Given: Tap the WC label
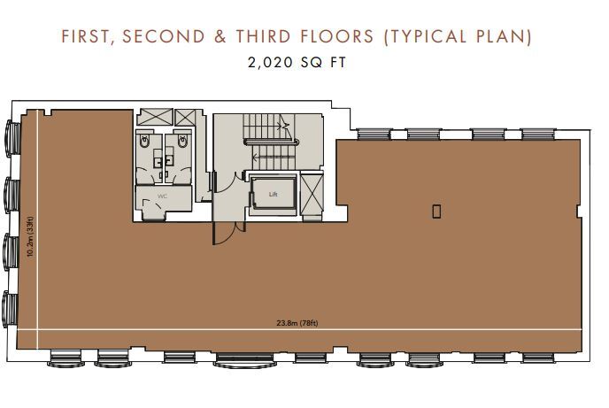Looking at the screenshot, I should [x=162, y=196].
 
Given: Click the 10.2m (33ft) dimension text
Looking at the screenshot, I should [x=30, y=236].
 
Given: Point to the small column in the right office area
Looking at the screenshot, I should [x=436, y=210].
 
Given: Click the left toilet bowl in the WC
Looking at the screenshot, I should [x=144, y=142].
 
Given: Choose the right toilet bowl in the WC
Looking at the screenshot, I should [x=182, y=142].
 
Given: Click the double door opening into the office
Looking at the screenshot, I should [x=224, y=231].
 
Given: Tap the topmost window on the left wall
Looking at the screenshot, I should [x=11, y=138].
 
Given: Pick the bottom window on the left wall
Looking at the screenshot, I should [x=11, y=307].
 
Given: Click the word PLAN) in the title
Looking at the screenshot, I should [x=505, y=37].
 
